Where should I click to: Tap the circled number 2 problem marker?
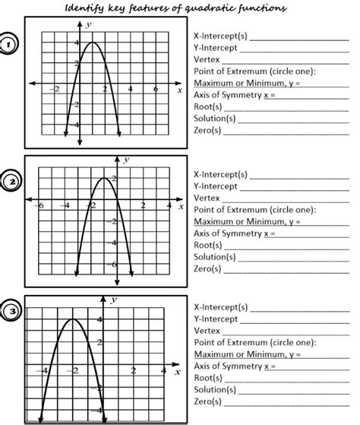13,181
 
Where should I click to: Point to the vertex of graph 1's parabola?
92,43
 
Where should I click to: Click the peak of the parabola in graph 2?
103,178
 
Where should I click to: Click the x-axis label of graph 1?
179,90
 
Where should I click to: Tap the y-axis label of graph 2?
125,160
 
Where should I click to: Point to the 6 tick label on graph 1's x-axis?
156,90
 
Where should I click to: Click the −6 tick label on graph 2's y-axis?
112,265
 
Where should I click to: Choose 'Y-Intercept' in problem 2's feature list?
216,186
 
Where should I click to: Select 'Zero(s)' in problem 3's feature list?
207,401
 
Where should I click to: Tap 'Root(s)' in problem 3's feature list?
208,377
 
